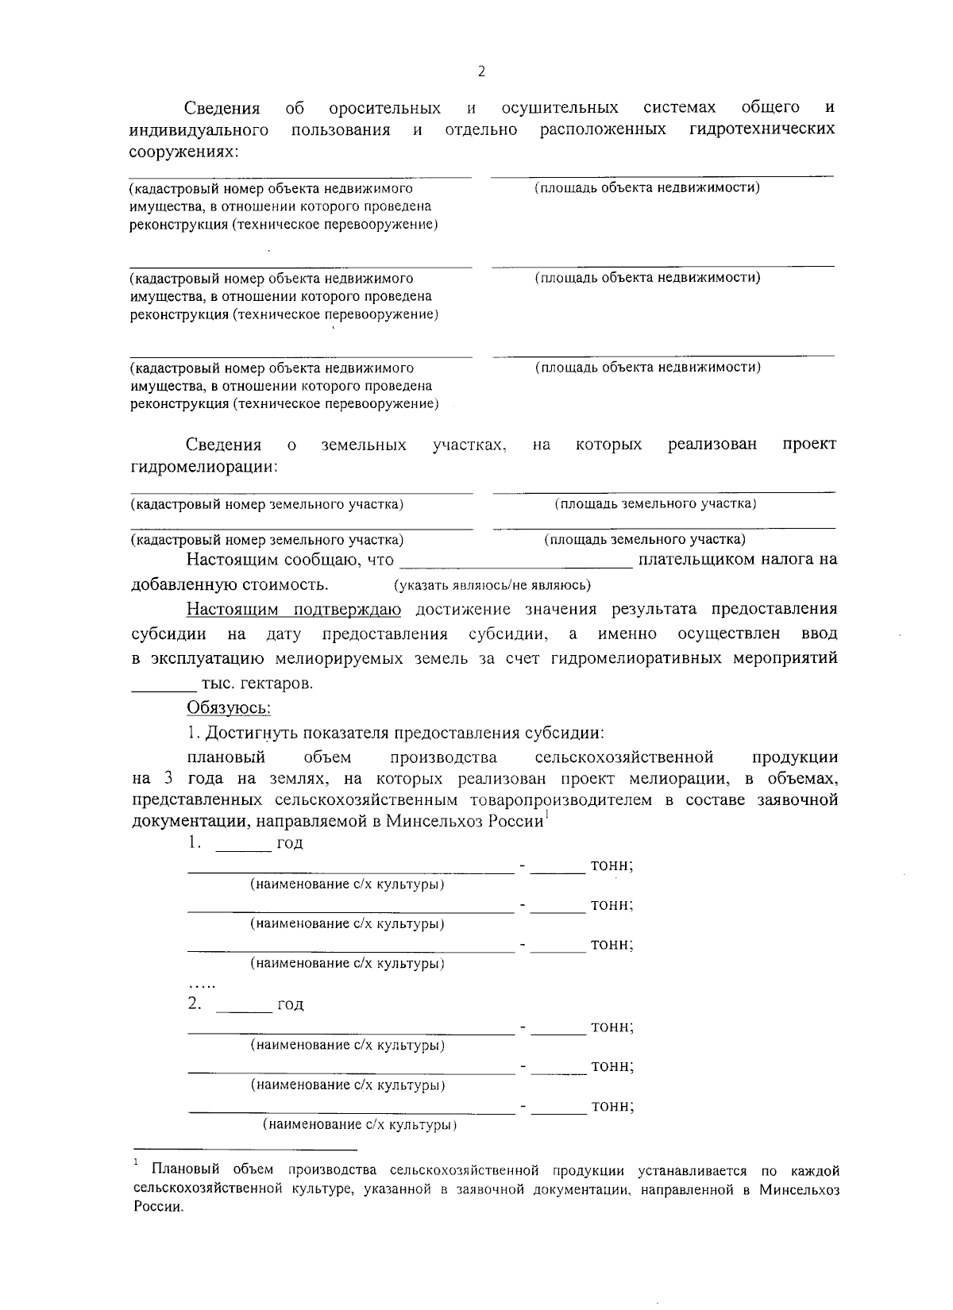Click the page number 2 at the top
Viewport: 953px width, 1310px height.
(x=481, y=72)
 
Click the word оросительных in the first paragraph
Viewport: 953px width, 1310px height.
(x=384, y=108)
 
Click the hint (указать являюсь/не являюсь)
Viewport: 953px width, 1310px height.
(x=492, y=586)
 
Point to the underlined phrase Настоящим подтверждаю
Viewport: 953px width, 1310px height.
(x=294, y=609)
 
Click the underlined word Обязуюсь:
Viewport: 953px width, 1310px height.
(x=229, y=707)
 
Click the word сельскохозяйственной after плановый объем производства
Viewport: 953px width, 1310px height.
(x=624, y=757)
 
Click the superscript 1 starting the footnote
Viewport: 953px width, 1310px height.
(x=137, y=1163)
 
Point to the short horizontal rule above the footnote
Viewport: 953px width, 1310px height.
(x=245, y=1149)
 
